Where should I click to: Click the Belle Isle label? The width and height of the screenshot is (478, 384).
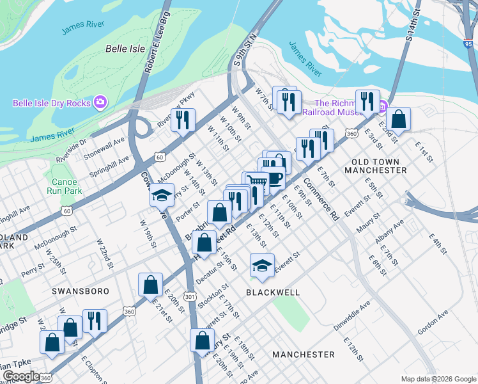pyautogui.click(x=125, y=49)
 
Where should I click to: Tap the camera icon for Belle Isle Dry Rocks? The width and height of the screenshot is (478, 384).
pyautogui.click(x=100, y=102)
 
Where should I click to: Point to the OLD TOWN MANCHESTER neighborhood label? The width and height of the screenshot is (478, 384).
pyautogui.click(x=375, y=166)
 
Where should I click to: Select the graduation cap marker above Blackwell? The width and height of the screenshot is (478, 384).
pyautogui.click(x=262, y=266)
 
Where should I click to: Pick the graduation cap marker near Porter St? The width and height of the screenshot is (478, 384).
pyautogui.click(x=162, y=195)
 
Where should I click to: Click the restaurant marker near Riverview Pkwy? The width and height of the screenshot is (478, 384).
pyautogui.click(x=183, y=120)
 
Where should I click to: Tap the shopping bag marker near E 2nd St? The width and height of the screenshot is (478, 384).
pyautogui.click(x=399, y=119)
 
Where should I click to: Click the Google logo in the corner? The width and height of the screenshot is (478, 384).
pyautogui.click(x=20, y=376)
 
